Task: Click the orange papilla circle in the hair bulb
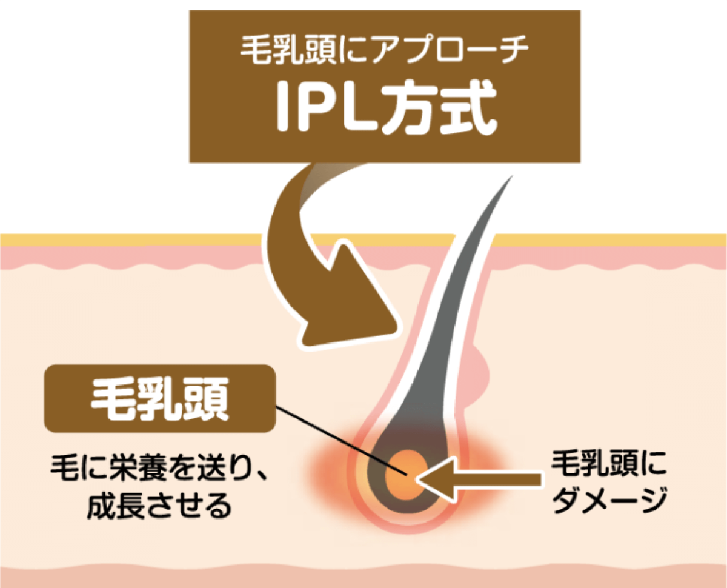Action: [x=404, y=470]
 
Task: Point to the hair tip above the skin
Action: [x=508, y=182]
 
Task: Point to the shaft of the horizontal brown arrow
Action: [x=497, y=479]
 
